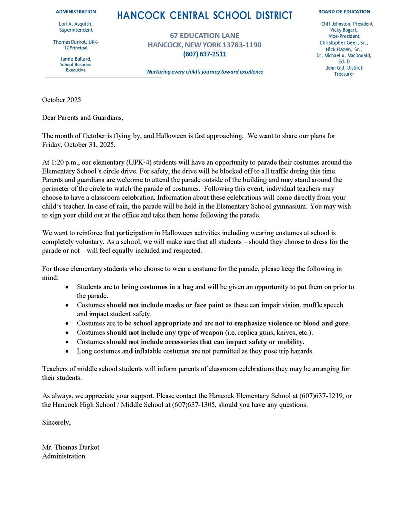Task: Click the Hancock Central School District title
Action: [x=204, y=16]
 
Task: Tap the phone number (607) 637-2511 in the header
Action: [x=204, y=54]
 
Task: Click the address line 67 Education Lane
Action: [x=204, y=36]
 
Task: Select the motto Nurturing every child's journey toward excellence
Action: [x=205, y=72]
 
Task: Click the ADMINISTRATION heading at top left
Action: [x=76, y=11]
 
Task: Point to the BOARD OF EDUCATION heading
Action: [x=344, y=11]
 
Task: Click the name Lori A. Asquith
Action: [x=76, y=24]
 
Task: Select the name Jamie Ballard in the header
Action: [x=76, y=59]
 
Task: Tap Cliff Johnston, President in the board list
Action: [x=347, y=24]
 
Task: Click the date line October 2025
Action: [x=61, y=100]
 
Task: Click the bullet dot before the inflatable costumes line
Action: [x=68, y=351]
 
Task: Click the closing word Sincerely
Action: [x=57, y=422]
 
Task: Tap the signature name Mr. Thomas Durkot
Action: [x=74, y=447]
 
